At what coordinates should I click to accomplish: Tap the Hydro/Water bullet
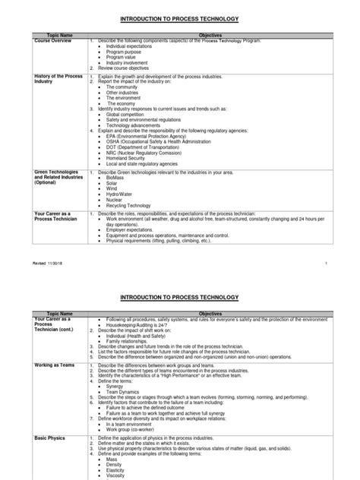click(x=122, y=194)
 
